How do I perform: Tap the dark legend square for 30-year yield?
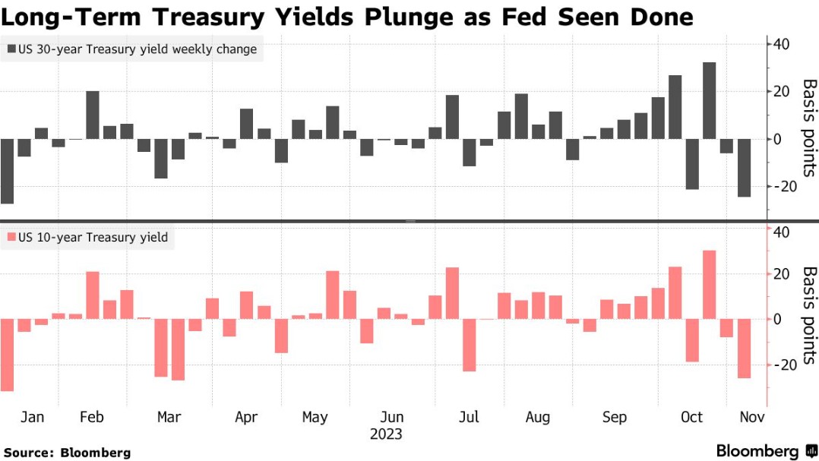point(12,50)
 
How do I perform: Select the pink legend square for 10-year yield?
point(12,238)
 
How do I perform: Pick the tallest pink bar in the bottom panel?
point(709,284)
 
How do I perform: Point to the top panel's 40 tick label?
point(783,44)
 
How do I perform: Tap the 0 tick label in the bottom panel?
point(778,319)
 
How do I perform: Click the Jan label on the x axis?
point(33,417)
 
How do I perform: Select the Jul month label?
point(470,417)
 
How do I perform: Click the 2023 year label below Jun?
point(386,434)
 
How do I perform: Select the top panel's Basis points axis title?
point(810,127)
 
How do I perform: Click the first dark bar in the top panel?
point(7,171)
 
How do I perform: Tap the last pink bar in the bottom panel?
point(743,349)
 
